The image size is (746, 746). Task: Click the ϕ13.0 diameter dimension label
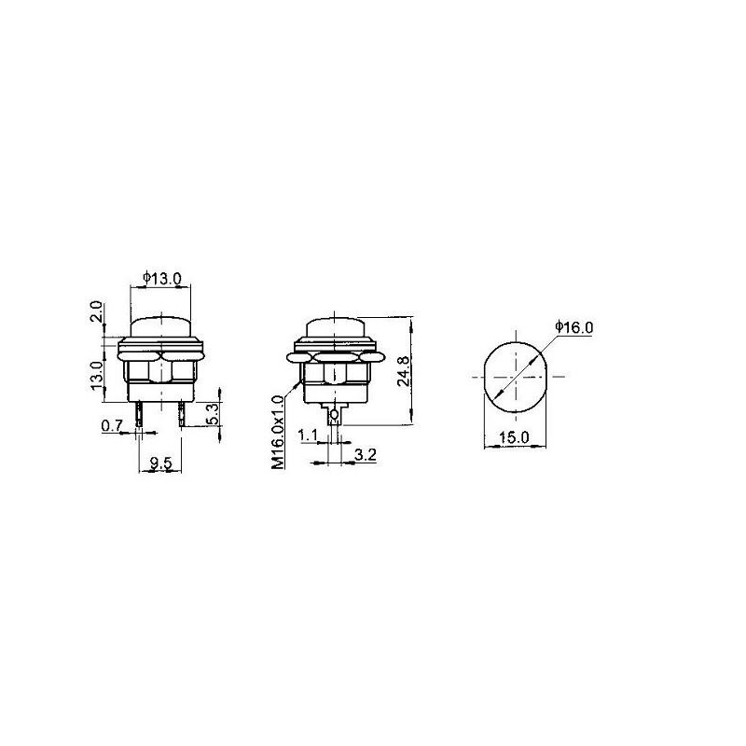161,278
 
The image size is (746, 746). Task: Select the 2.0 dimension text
96,311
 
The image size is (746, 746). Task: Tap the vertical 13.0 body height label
96,376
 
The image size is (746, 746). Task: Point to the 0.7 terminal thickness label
112,425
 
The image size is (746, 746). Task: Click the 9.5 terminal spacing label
160,463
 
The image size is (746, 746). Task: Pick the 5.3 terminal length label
213,414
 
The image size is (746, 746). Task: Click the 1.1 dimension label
308,435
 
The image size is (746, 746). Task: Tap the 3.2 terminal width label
366,455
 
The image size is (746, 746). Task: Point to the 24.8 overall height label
403,370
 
